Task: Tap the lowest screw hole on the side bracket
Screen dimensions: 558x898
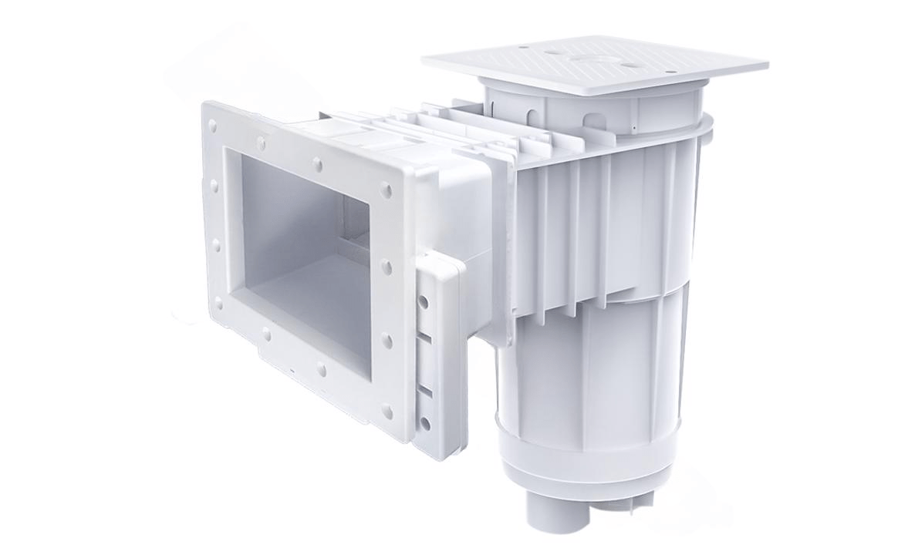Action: tap(424, 423)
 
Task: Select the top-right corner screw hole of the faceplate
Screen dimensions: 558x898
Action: tap(386, 190)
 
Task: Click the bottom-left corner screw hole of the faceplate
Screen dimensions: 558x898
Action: tap(218, 304)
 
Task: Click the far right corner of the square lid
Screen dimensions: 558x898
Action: tap(766, 65)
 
